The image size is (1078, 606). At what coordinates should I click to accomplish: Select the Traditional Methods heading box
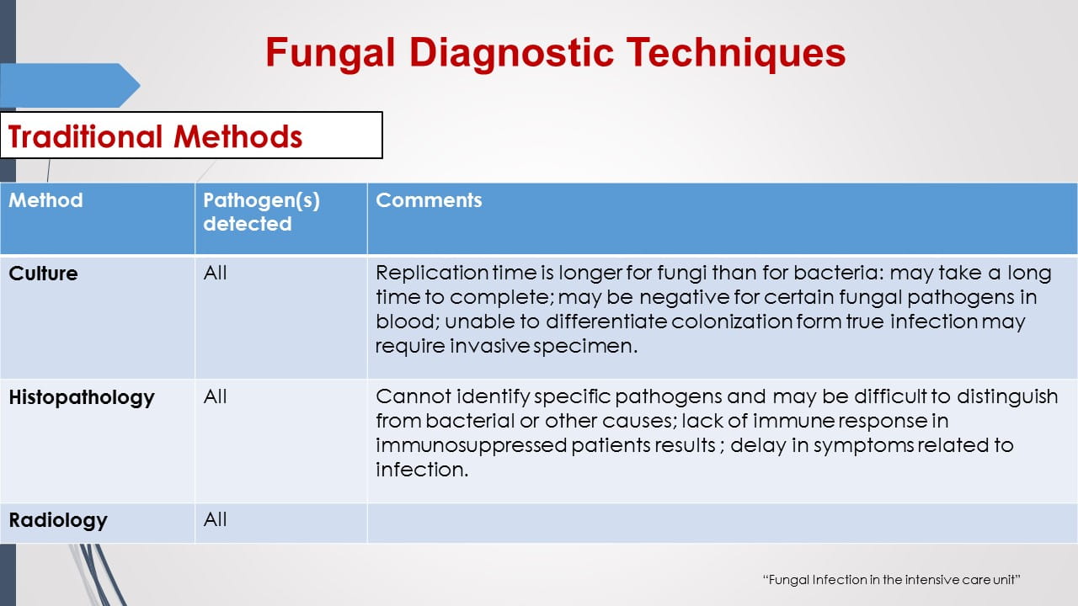191,136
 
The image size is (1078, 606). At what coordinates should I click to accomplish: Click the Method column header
46,200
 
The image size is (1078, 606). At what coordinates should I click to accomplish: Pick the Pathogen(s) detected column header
261,212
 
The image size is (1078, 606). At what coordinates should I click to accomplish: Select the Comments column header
429,200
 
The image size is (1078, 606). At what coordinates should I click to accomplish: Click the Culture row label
43,274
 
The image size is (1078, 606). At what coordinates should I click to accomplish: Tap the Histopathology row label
82,397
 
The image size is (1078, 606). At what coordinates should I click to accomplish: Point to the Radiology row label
58,520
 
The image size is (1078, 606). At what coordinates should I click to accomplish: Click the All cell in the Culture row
216,274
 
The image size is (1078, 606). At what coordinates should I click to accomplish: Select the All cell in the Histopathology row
216,396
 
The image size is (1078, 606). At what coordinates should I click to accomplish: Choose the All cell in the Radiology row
216,519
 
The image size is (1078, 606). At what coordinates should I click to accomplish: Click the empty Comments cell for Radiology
722,523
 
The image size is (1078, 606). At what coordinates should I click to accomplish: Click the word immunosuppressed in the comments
472,445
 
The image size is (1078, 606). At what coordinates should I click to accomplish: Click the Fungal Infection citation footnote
891,580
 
